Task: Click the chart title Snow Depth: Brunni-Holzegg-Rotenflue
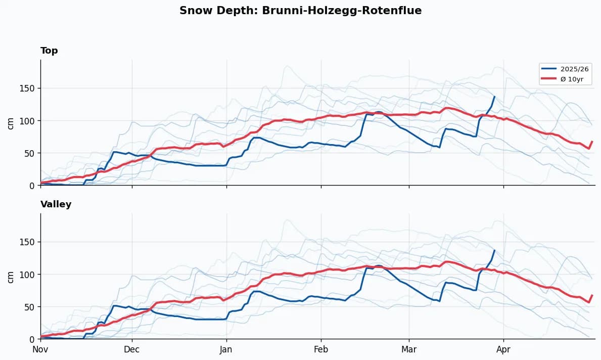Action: point(300,11)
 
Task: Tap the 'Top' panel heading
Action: point(49,51)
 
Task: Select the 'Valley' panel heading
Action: point(56,204)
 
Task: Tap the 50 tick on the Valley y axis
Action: point(30,307)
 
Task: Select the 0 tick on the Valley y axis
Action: point(32,339)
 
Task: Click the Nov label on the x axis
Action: point(40,349)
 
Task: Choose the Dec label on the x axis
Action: point(132,349)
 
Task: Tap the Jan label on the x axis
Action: point(226,349)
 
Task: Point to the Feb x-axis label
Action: point(321,349)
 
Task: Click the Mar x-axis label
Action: point(409,349)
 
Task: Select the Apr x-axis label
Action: point(503,349)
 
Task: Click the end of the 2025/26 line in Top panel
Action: point(494,97)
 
